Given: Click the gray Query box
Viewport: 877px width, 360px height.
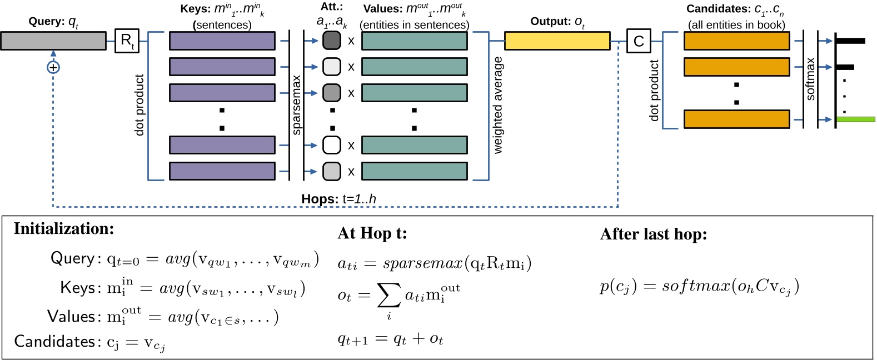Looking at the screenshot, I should pyautogui.click(x=53, y=41).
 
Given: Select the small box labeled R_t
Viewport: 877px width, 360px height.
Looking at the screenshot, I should pyautogui.click(x=127, y=41).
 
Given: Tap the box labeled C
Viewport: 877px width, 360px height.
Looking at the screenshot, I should pyautogui.click(x=639, y=41).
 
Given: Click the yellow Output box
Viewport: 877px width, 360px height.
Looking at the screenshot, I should pyautogui.click(x=557, y=41).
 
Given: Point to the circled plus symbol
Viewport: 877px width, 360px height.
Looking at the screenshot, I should pyautogui.click(x=53, y=67).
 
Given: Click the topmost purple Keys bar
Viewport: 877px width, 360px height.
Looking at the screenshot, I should pyautogui.click(x=222, y=41).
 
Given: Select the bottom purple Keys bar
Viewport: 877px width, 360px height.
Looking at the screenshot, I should pyautogui.click(x=222, y=171).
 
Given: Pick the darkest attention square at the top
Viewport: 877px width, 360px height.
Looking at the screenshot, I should pyautogui.click(x=332, y=41).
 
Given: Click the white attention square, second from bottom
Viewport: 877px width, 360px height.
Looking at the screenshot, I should pyautogui.click(x=332, y=145).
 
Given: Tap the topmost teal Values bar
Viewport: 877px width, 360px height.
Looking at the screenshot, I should pyautogui.click(x=414, y=41).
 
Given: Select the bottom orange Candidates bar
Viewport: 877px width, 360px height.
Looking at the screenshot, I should pyautogui.click(x=736, y=119).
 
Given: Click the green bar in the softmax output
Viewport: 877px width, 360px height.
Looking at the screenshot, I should pyautogui.click(x=855, y=119).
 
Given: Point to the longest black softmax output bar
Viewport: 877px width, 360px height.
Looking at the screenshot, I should pyautogui.click(x=850, y=41).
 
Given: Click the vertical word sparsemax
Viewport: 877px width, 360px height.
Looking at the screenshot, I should pyautogui.click(x=296, y=105).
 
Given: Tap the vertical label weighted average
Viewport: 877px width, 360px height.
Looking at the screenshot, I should pyautogui.click(x=497, y=105).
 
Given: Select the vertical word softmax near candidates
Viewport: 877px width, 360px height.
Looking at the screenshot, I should pyautogui.click(x=810, y=79).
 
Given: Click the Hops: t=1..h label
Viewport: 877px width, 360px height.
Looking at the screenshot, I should pyautogui.click(x=338, y=199).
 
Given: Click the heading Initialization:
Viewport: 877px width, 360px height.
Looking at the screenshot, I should pyautogui.click(x=64, y=229).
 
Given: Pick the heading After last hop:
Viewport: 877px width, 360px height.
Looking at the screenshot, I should pyautogui.click(x=654, y=234).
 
